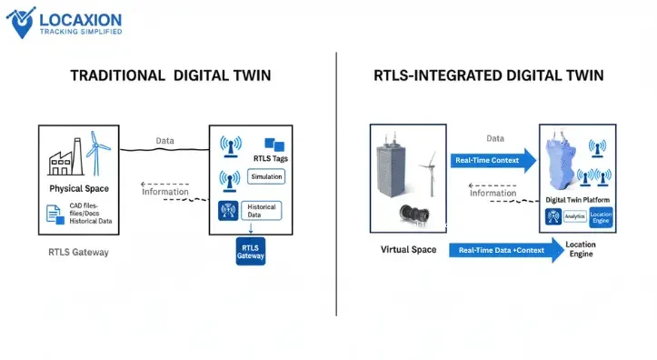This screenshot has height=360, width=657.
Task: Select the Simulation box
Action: click(266, 176)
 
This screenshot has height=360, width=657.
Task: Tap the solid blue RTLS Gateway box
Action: click(250, 252)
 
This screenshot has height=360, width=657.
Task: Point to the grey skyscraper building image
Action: click(398, 173)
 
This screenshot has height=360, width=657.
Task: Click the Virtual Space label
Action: click(408, 249)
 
